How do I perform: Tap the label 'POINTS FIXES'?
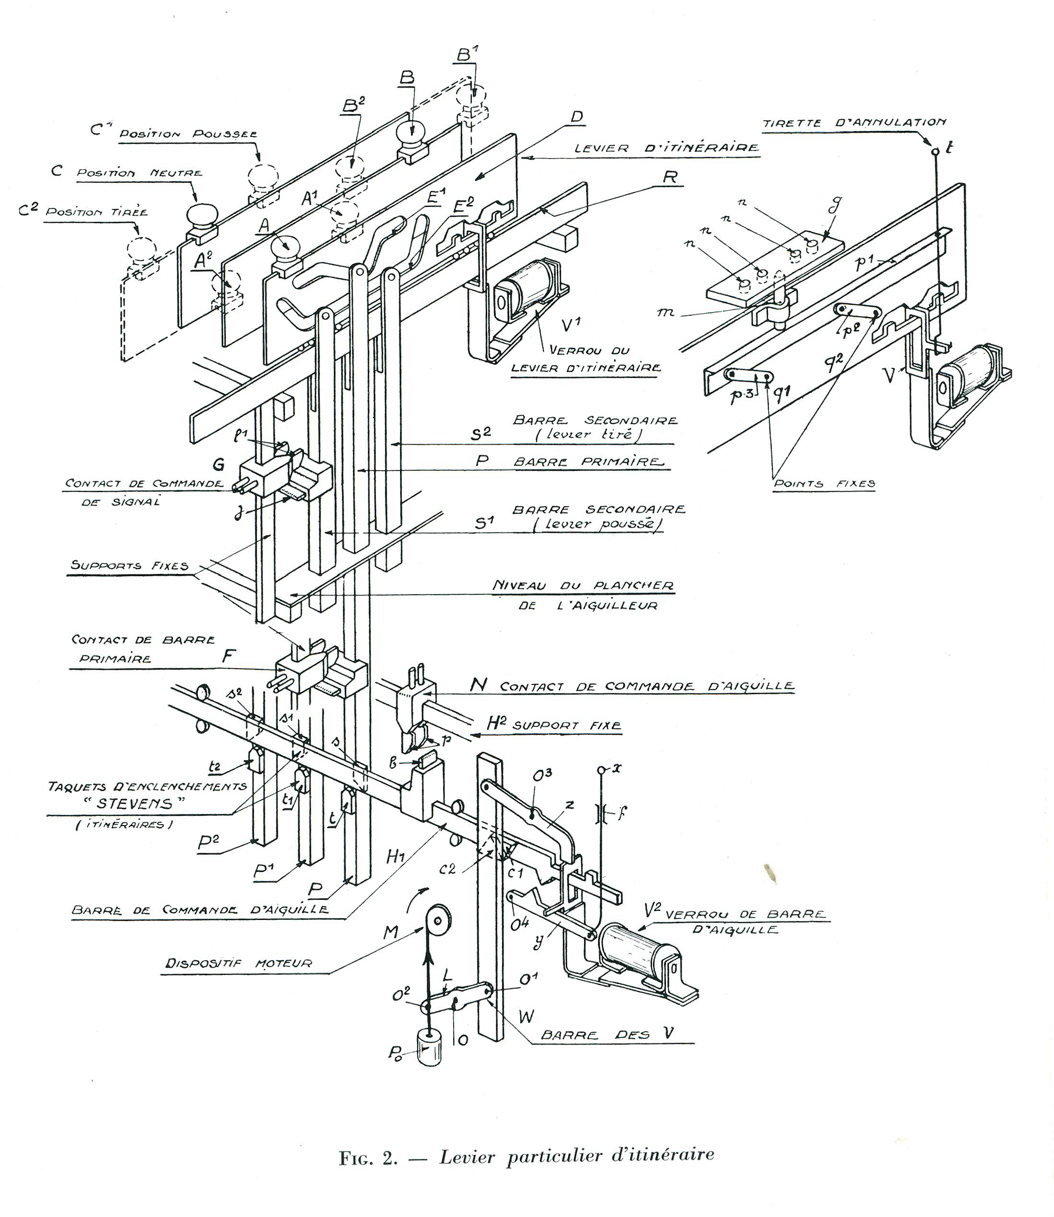(x=824, y=483)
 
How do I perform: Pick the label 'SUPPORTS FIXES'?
(x=129, y=565)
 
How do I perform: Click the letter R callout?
(x=670, y=177)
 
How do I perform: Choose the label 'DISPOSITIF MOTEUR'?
(x=238, y=963)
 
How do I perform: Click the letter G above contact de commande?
(x=218, y=465)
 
